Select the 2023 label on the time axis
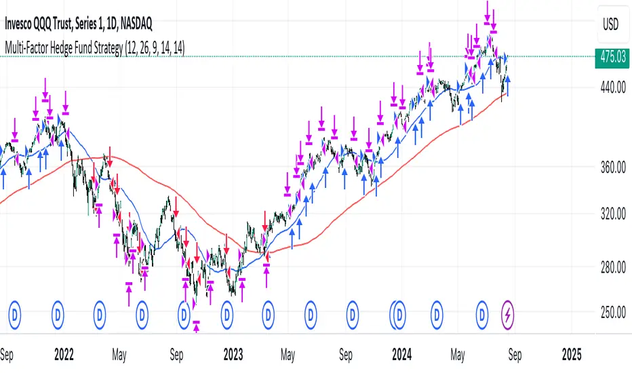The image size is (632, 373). (x=233, y=355)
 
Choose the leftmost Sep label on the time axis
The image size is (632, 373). (x=8, y=355)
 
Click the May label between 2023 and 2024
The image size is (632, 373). (x=288, y=355)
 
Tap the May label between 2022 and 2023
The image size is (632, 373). (x=119, y=355)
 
